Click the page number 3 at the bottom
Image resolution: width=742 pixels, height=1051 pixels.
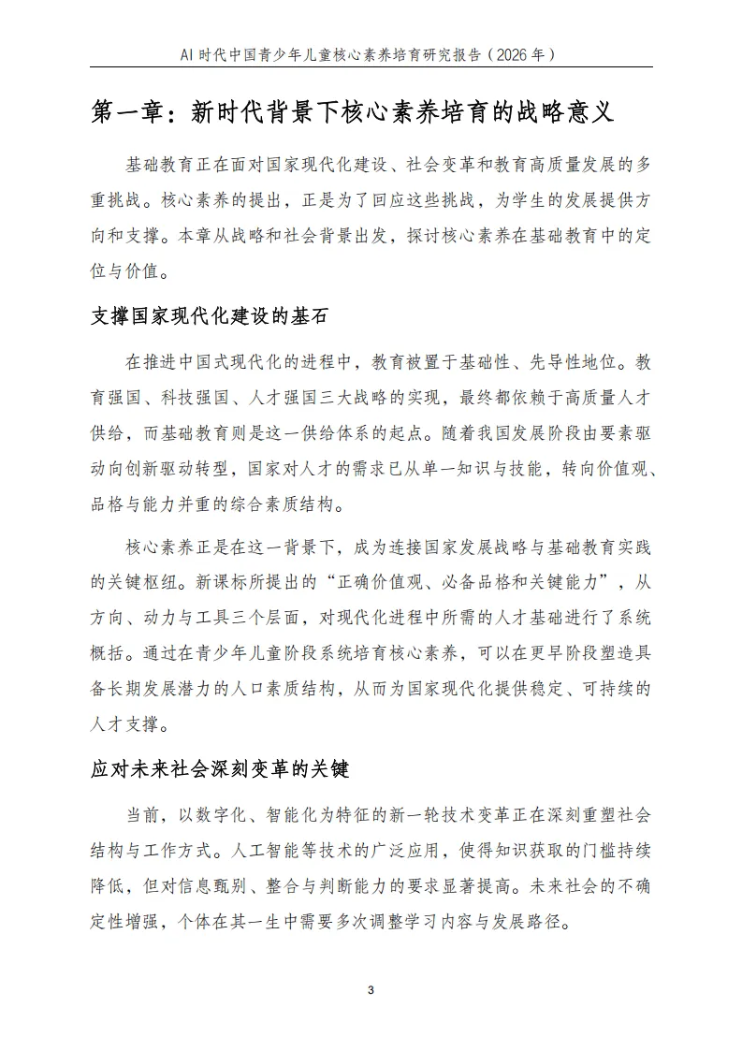tap(371, 990)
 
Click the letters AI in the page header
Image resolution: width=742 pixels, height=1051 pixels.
tap(188, 54)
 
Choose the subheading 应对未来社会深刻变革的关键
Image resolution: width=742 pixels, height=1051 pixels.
tap(220, 770)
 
